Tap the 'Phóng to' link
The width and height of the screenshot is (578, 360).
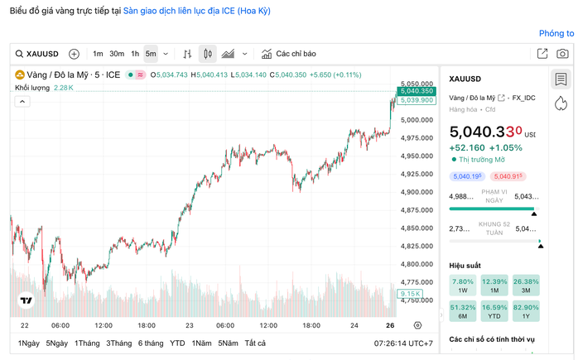(556, 34)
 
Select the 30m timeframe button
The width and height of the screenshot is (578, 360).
(117, 54)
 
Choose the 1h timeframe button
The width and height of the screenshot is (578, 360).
(135, 54)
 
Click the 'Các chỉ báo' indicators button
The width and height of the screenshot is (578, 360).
(289, 54)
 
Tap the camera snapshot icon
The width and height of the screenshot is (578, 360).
(563, 54)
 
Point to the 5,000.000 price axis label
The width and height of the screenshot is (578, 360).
(416, 120)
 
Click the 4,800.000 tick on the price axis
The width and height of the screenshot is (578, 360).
(416, 264)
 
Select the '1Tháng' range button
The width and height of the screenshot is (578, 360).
(87, 343)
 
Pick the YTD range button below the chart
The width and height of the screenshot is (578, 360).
(177, 343)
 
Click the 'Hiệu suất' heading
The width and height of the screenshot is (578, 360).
(465, 266)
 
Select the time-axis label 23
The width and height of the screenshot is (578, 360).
(190, 325)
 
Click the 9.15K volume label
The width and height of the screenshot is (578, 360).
(411, 294)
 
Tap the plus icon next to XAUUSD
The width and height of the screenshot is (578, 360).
(74, 54)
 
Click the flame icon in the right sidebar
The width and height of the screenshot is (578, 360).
(561, 102)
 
